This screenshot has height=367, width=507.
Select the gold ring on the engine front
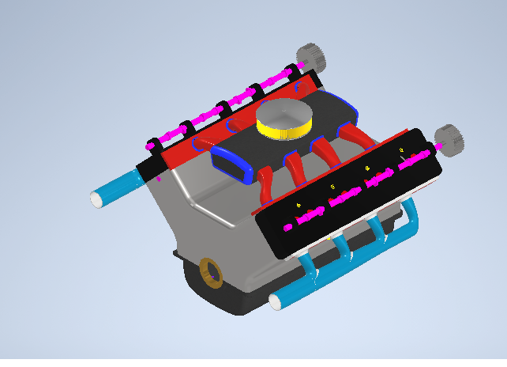click(x=210, y=271)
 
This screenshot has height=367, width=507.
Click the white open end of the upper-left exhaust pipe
click(x=97, y=199)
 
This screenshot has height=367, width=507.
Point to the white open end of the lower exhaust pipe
click(x=276, y=302)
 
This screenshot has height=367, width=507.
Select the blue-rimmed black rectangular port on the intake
click(x=231, y=162)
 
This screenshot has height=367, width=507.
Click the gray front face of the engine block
click(x=205, y=229)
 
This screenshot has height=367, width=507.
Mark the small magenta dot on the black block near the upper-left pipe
click(x=159, y=179)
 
